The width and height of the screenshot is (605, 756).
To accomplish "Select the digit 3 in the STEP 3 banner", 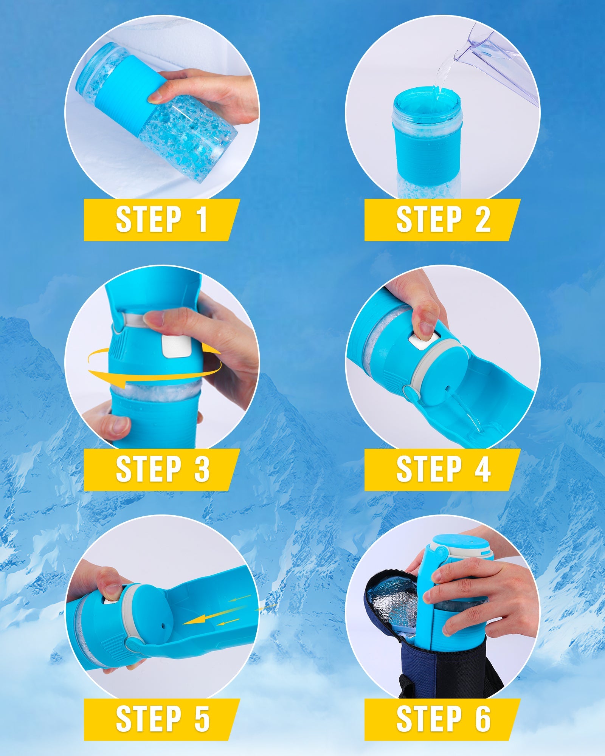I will (x=202, y=469).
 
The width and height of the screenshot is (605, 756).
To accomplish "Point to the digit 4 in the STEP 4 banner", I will (x=482, y=469).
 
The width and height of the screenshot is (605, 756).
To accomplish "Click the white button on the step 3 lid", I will (x=175, y=345).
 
